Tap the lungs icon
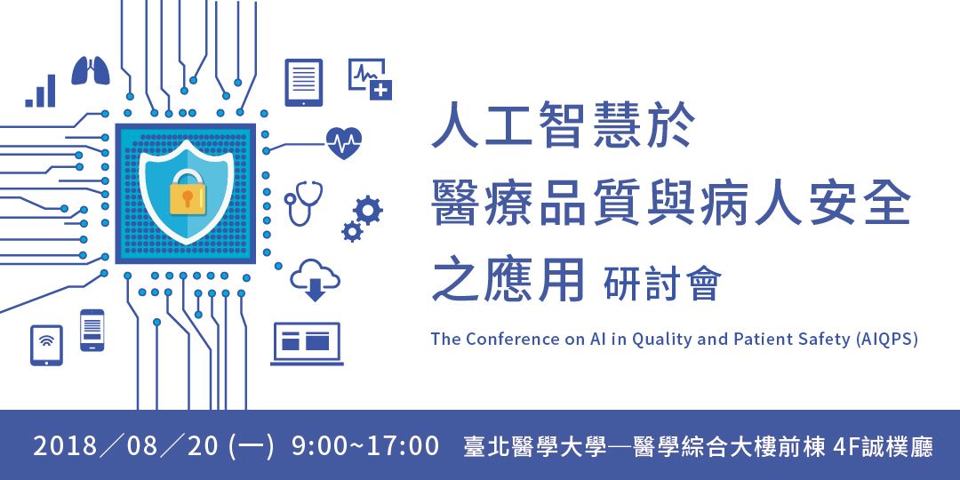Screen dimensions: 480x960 [91, 71]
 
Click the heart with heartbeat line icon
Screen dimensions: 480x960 [344, 142]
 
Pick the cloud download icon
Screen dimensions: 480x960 [316, 277]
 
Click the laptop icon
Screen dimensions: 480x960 [307, 343]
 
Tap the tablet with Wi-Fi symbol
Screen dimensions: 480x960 [46, 344]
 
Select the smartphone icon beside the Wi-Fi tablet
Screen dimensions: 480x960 [92, 330]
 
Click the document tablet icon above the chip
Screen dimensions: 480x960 [304, 82]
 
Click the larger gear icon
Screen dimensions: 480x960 [367, 210]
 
